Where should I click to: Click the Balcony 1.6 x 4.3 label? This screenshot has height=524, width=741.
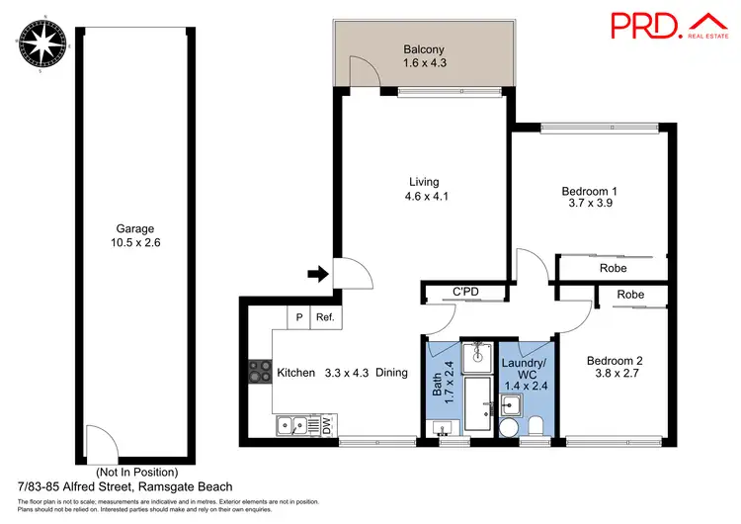tap(425, 56)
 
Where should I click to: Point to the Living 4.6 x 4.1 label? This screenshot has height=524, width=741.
tap(424, 189)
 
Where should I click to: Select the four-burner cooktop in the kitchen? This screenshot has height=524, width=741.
tap(260, 372)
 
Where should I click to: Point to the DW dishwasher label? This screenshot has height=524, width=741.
tap(326, 425)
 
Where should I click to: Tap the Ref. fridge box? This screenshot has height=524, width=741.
tap(323, 317)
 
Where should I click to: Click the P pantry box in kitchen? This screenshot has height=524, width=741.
tap(297, 317)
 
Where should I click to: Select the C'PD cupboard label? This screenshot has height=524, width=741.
tap(466, 292)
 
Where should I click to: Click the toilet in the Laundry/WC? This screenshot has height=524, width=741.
tap(535, 425)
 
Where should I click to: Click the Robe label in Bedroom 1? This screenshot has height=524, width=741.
tap(612, 268)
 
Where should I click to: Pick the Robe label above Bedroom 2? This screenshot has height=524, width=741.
tap(629, 295)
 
